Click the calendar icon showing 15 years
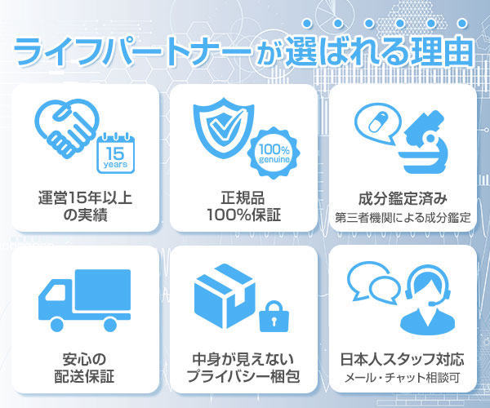(116, 153)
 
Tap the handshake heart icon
(67, 128)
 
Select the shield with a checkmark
(223, 127)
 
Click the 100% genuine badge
(274, 153)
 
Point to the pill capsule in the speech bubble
(378, 122)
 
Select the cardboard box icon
(225, 296)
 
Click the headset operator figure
(428, 302)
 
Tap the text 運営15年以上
(85, 198)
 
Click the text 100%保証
(243, 215)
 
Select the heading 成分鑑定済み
(403, 198)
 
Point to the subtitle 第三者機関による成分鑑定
(403, 218)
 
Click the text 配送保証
(85, 376)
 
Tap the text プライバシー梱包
(243, 376)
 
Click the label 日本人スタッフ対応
(403, 359)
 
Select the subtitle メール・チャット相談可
(403, 378)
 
